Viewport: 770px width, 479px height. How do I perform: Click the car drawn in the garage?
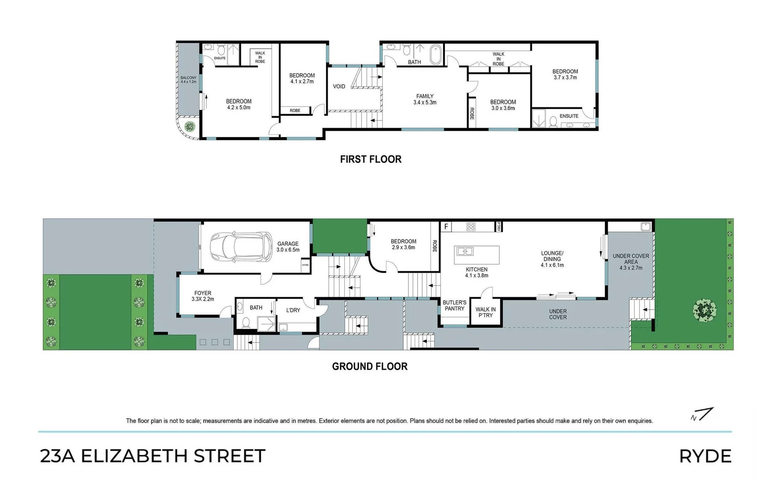pyautogui.click(x=241, y=247)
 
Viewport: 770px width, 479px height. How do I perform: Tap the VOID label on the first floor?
pyautogui.click(x=339, y=86)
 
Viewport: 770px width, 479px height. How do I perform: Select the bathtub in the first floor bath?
pyautogui.click(x=436, y=55)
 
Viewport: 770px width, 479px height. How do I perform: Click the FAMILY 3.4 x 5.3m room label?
pyautogui.click(x=424, y=99)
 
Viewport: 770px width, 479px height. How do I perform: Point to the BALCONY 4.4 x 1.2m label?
pyautogui.click(x=188, y=80)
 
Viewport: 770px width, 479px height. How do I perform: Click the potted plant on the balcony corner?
pyautogui.click(x=189, y=126)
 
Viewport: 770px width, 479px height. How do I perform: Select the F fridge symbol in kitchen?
pyautogui.click(x=446, y=227)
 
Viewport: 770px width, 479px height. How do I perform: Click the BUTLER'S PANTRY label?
pyautogui.click(x=455, y=306)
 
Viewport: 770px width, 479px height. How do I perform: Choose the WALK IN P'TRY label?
pyautogui.click(x=486, y=312)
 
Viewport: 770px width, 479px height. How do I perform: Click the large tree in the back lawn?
pyautogui.click(x=704, y=309)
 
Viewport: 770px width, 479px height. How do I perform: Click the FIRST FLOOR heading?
pyautogui.click(x=370, y=159)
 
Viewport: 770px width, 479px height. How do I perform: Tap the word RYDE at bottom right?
pyautogui.click(x=705, y=456)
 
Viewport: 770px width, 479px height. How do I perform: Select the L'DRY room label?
pyautogui.click(x=293, y=310)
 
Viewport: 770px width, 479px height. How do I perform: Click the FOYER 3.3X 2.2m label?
pyautogui.click(x=203, y=296)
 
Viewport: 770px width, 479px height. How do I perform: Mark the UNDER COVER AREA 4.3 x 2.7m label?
pyautogui.click(x=631, y=262)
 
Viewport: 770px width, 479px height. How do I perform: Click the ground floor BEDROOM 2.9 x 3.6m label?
pyautogui.click(x=403, y=244)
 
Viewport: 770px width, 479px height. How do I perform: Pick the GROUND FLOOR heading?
pyautogui.click(x=369, y=366)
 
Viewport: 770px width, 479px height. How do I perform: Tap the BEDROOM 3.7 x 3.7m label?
pyautogui.click(x=565, y=74)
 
